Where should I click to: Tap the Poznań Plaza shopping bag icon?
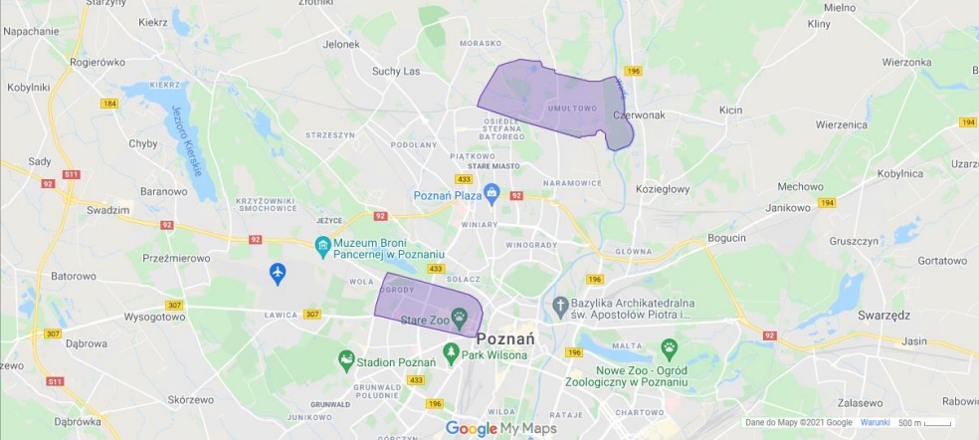click(489, 191)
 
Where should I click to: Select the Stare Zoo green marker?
click(460, 318)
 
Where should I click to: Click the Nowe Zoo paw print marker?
click(671, 349)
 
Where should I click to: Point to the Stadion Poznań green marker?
click(345, 358)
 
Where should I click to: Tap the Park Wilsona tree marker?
click(451, 351)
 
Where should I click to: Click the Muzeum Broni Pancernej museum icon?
click(322, 245)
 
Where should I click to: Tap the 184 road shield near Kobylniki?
click(108, 103)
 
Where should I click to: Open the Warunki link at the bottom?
click(875, 423)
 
